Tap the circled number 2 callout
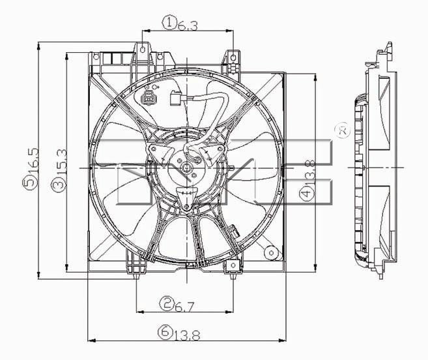pos(167,302)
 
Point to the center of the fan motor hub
pos(186,168)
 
